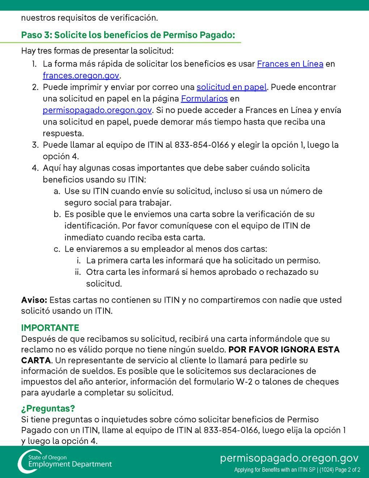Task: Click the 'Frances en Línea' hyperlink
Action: pyautogui.click(x=290, y=64)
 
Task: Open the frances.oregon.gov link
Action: pyautogui.click(x=81, y=76)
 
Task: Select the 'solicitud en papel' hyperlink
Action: pyautogui.click(x=232, y=87)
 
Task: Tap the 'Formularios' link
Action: pyautogui.click(x=204, y=99)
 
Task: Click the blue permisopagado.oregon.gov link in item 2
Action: pyautogui.click(x=97, y=110)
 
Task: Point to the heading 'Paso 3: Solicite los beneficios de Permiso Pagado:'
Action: pyautogui.click(x=128, y=35)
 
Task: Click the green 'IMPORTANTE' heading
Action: pyautogui.click(x=50, y=328)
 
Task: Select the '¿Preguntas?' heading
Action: pyautogui.click(x=48, y=408)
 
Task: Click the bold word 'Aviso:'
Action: pyautogui.click(x=34, y=300)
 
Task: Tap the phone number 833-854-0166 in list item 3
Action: pyautogui.click(x=202, y=145)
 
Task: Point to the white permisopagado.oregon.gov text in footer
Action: pyautogui.click(x=289, y=458)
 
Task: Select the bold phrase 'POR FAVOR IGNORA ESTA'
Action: pyautogui.click(x=284, y=350)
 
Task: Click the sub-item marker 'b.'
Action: pyautogui.click(x=57, y=214)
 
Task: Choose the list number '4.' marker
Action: pyautogui.click(x=35, y=168)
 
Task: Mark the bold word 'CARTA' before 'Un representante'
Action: pyautogui.click(x=35, y=361)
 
